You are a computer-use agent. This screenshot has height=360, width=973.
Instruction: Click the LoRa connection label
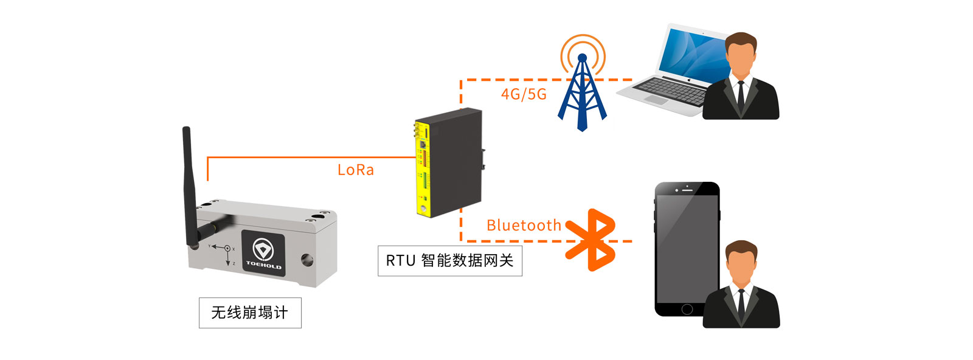356,170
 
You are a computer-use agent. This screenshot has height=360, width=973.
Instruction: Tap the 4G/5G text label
524,94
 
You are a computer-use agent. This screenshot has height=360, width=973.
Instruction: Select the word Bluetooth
524,226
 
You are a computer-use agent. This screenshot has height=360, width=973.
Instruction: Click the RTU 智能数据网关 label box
450,261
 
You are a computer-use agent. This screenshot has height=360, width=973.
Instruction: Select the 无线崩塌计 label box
250,313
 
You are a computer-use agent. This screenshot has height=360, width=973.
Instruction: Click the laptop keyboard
669,91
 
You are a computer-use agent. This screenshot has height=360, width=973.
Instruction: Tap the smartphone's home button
687,309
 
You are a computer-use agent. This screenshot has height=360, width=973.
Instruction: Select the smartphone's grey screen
686,246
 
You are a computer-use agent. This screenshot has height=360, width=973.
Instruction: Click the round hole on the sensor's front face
307,260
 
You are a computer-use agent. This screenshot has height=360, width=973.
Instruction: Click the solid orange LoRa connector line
304,157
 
